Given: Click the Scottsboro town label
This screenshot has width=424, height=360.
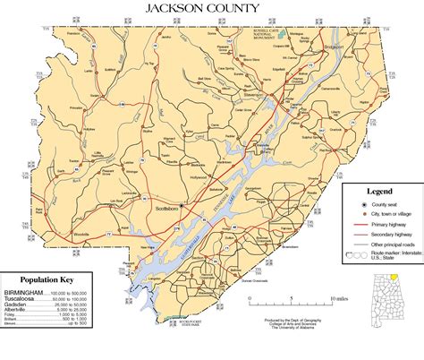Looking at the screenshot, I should [x=168, y=208].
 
